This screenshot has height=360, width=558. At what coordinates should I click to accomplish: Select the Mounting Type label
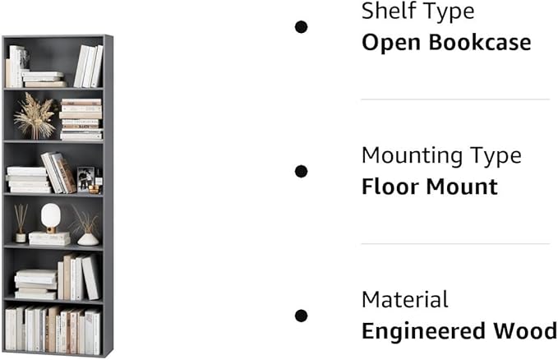coord(441,155)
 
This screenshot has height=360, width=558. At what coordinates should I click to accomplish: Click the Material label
coord(405,299)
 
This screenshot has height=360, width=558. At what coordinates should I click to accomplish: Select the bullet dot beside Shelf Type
coord(302,27)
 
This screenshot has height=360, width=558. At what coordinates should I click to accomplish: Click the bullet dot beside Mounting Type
coord(302,171)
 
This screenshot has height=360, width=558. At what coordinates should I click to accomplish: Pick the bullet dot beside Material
coord(302,316)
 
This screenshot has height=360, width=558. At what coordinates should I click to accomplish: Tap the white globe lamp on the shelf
coord(51,216)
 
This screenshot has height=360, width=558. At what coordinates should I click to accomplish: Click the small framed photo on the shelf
coord(85,178)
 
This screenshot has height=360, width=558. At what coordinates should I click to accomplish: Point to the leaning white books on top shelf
coord(88,67)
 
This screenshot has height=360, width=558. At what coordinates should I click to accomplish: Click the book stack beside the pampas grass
coord(81,120)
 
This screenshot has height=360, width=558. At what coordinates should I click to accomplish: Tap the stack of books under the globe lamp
coord(50,238)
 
